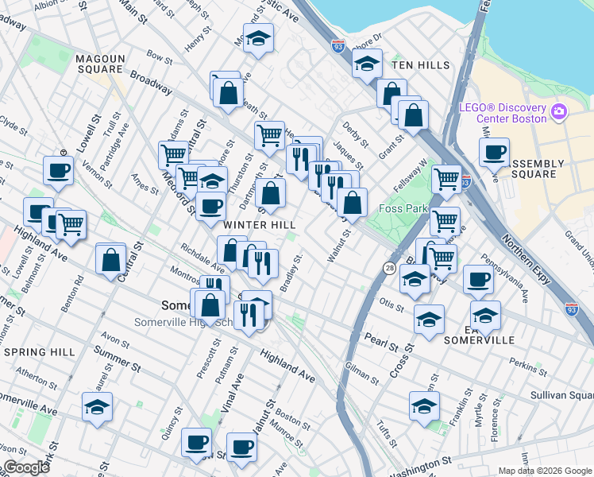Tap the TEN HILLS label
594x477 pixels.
(x=422, y=65)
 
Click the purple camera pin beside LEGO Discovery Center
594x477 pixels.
(x=559, y=110)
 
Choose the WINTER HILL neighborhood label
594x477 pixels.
(x=259, y=225)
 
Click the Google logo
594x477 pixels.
(x=26, y=467)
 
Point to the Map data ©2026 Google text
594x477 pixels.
(x=544, y=471)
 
